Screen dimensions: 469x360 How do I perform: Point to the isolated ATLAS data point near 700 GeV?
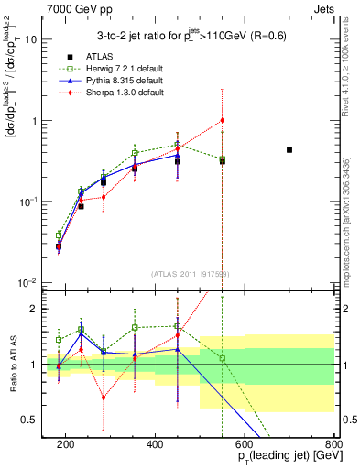click(289, 150)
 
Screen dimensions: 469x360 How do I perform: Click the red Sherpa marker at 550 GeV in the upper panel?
click(222, 120)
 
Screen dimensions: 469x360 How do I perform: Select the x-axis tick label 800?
click(333, 444)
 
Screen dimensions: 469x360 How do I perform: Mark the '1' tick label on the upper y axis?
click(34, 121)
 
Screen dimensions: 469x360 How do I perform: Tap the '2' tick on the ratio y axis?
click(34, 309)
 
